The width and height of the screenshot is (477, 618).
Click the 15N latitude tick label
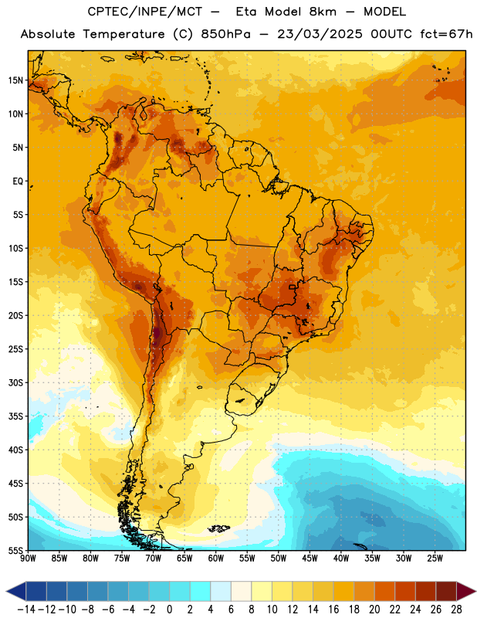coord(15,80)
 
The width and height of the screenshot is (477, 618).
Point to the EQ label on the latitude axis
coord(18,182)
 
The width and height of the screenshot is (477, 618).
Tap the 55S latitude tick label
coord(15,550)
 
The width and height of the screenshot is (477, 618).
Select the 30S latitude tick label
coord(15,382)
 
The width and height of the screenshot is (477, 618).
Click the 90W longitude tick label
coord(28,559)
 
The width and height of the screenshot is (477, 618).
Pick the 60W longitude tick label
coord(216,559)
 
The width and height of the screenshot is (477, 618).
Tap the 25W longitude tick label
coord(435,559)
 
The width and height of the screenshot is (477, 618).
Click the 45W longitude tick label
coord(310,559)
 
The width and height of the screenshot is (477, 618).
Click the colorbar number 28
coord(456,610)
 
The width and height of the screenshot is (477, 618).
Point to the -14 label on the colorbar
coord(27,610)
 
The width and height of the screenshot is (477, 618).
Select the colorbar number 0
coord(169,610)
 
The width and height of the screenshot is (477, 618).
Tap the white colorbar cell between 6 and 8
coord(241,591)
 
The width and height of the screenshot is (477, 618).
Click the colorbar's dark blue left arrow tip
coord(7,591)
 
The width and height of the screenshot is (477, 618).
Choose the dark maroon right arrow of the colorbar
coord(466,591)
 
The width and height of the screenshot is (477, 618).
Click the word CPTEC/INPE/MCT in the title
coord(145,12)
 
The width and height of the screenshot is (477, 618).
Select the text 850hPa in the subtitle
coord(225,34)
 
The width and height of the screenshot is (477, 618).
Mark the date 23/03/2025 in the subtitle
coord(320,34)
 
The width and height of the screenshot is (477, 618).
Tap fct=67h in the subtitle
coord(446,34)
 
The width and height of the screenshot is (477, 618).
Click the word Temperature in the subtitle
coord(123,34)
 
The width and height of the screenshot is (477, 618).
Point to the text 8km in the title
coord(323,12)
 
